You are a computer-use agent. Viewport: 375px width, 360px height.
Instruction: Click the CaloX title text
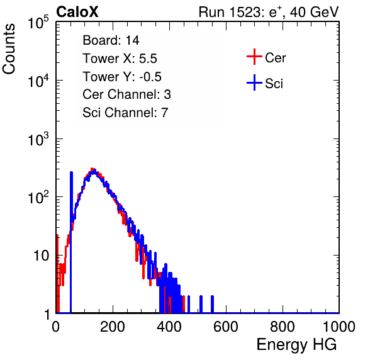pos(77,12)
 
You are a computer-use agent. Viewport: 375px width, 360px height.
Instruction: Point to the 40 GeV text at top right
pos(314,12)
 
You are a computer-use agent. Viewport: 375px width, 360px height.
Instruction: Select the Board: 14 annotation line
pos(111,40)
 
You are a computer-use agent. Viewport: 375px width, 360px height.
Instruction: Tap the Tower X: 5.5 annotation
pos(120,59)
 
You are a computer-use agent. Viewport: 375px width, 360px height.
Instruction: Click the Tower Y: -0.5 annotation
pos(121,77)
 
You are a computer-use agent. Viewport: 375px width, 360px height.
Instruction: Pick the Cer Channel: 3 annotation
pos(126,94)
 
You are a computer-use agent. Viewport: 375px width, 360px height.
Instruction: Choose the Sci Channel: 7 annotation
pos(125,113)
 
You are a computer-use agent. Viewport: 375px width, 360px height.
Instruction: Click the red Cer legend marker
pos(254,57)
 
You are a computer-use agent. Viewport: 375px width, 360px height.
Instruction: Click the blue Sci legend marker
pos(254,82)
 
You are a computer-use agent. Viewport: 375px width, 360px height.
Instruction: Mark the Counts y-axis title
pos(9,49)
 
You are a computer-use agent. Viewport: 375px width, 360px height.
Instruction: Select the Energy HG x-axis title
pos(296,344)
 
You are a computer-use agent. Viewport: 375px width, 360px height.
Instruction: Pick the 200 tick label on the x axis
pos(113,327)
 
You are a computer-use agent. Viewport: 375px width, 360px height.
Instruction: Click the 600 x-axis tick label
pos(226,327)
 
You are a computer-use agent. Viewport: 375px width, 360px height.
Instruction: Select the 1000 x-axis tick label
pos(339,327)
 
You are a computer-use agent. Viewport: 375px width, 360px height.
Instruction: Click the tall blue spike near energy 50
pos(71,242)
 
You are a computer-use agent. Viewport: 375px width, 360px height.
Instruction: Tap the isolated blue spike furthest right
pos(212,304)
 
